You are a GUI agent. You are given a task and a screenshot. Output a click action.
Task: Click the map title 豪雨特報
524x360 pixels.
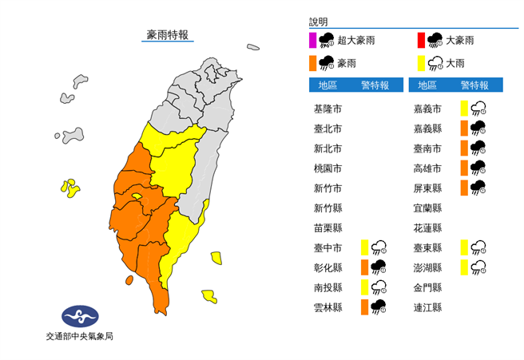click(168, 34)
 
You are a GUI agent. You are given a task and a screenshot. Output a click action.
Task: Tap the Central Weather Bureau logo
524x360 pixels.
click(79, 316)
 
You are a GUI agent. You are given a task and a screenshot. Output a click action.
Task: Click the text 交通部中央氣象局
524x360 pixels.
click(79, 337)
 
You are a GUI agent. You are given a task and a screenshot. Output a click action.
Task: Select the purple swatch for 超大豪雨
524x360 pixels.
click(312, 40)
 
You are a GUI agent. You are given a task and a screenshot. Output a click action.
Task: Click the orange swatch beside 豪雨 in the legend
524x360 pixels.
click(312, 62)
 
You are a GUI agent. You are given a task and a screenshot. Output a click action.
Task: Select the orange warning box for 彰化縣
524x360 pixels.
click(364, 267)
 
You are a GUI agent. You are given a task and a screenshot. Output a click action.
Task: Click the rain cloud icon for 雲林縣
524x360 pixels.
click(379, 307)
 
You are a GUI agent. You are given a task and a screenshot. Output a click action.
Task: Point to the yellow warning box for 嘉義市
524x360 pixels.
click(464, 108)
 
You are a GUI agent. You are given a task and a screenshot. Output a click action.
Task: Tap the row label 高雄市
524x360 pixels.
click(428, 168)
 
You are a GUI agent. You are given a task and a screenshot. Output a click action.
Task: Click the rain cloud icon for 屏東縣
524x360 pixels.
click(478, 188)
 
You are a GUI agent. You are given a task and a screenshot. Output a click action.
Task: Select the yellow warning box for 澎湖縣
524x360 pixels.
click(464, 267)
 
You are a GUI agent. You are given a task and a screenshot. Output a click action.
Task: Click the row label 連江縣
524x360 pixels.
click(428, 307)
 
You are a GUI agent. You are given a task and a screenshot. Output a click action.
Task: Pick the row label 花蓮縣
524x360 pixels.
click(428, 227)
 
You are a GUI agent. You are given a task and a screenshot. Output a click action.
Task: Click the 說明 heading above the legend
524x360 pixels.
click(318, 22)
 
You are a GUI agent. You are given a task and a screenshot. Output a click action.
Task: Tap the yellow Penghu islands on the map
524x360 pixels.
click(69, 188)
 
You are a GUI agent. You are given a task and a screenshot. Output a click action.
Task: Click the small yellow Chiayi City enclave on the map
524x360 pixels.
click(137, 196)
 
